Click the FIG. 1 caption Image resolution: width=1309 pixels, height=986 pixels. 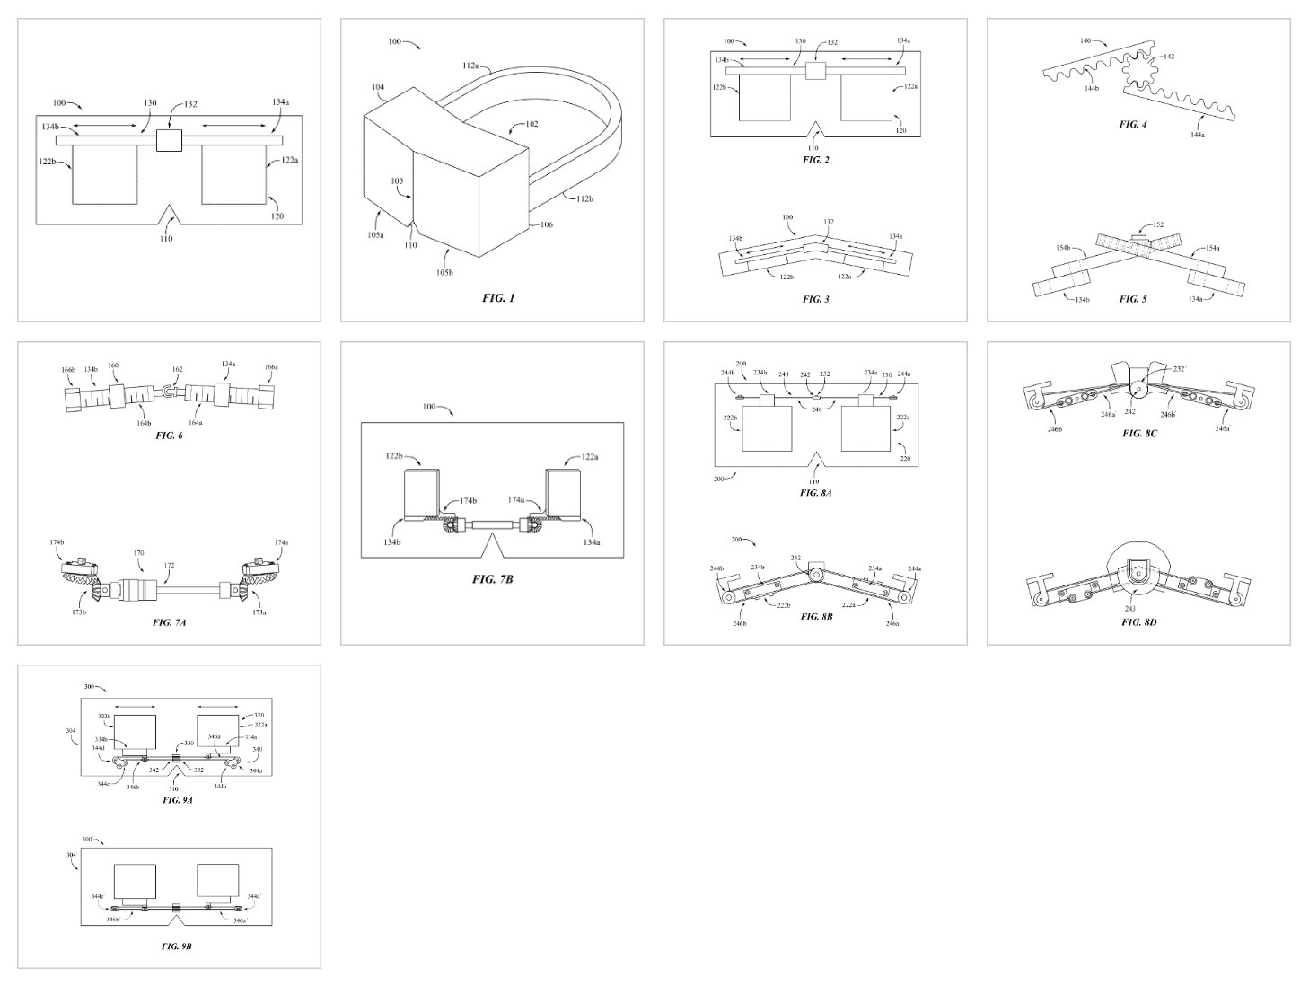pos(498,298)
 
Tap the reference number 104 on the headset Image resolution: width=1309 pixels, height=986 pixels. pos(377,87)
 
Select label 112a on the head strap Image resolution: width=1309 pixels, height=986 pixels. pos(470,65)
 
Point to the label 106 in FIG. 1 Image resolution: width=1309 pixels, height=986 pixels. pos(546,225)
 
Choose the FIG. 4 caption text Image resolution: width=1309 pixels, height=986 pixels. pos(1132,124)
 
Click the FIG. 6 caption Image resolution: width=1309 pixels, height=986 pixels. pos(169,435)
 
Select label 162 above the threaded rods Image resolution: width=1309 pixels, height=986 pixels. pos(177,369)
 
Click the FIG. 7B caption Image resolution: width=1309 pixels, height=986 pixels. pos(492,579)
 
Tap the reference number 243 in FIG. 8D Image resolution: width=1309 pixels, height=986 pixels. pos(1129,609)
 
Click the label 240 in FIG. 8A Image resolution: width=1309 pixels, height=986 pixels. pos(783,374)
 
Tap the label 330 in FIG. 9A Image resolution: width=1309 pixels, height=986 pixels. pos(189,744)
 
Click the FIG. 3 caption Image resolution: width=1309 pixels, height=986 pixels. pos(815,298)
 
